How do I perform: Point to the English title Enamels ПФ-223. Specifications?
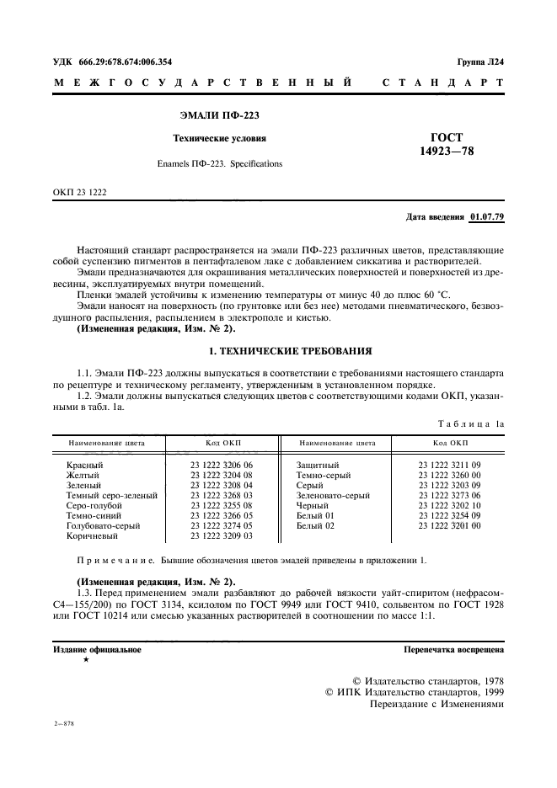pos(219,163)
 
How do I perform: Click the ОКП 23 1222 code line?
pos(80,193)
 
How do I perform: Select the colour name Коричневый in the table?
pos(92,535)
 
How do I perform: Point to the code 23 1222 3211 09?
pos(449,465)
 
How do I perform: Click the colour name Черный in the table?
pos(312,505)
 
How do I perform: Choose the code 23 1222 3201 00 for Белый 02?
pos(449,525)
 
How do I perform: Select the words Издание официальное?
pos(97,650)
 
